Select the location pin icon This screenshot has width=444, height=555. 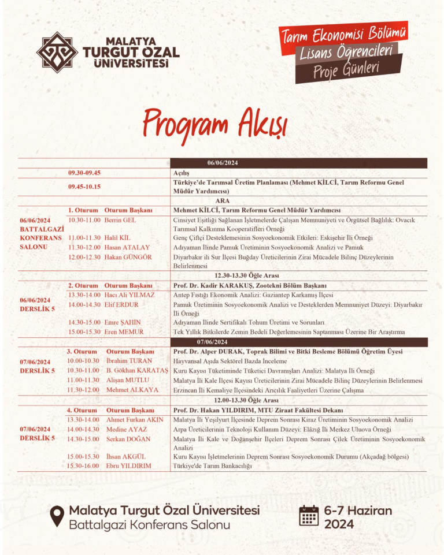click(57, 516)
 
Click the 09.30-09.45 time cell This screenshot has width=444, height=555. click(84, 173)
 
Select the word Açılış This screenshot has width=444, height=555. click(182, 173)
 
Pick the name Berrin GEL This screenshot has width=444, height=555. click(120, 220)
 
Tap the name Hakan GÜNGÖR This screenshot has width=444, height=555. click(128, 256)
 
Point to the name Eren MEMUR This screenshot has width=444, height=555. click(124, 331)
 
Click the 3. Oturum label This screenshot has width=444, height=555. click(81, 352)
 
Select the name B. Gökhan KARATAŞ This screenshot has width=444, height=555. click(137, 370)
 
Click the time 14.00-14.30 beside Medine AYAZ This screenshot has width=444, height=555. click(83, 429)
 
